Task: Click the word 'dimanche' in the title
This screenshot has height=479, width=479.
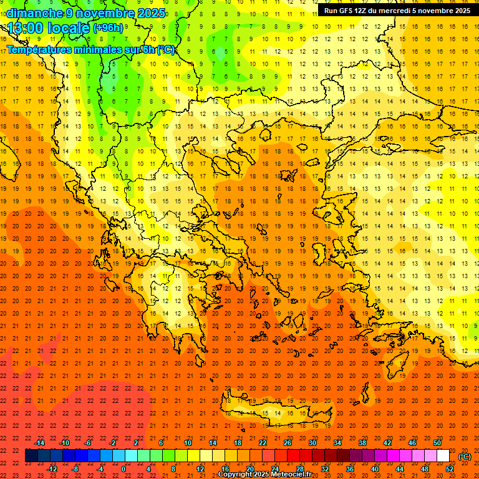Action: [x=34, y=13]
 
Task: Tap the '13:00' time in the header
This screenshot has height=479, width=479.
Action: [x=25, y=28]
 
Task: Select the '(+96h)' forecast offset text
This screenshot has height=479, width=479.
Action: [x=108, y=28]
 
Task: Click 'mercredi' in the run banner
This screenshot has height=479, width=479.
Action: [x=392, y=11]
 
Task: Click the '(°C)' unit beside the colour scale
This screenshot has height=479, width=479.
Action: [x=465, y=457]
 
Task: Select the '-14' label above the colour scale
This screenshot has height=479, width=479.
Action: [x=39, y=443]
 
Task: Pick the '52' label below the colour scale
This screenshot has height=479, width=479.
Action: [x=450, y=469]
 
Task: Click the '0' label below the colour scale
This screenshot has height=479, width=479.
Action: [x=124, y=469]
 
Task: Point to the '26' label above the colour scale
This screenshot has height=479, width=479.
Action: [x=288, y=443]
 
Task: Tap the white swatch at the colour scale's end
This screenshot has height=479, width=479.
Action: [x=443, y=456]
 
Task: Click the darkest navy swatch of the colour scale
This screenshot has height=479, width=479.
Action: [x=31, y=456]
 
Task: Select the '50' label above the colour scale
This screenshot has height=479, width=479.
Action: [x=437, y=443]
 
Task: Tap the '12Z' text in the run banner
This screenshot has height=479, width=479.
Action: [x=363, y=11]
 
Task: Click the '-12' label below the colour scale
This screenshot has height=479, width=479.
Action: [x=52, y=469]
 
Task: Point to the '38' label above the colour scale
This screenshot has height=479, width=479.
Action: [x=362, y=443]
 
